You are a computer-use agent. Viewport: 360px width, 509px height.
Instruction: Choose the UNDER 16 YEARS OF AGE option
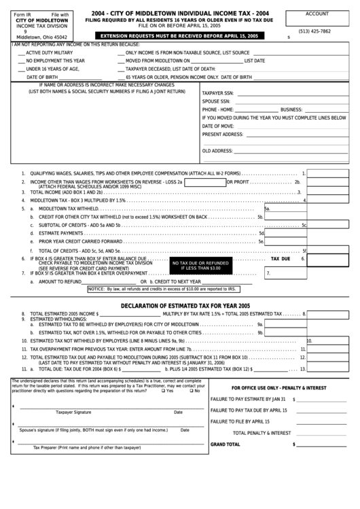pyautogui.click(x=52, y=69)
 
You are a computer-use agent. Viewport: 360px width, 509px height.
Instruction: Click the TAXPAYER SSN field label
pyautogui.click(x=218, y=92)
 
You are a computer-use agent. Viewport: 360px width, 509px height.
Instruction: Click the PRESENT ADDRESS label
pyautogui.click(x=222, y=135)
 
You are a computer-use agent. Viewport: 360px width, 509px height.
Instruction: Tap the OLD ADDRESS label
pyautogui.click(x=218, y=151)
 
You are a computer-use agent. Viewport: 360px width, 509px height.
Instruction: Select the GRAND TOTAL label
pyautogui.click(x=226, y=444)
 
